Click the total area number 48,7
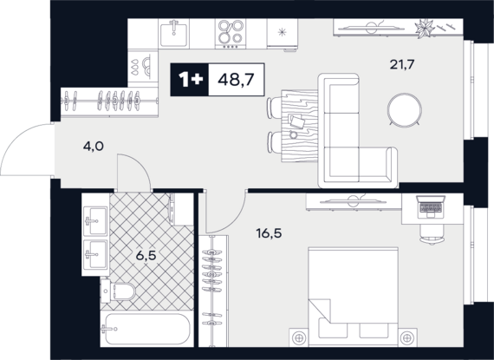click(x=236, y=80)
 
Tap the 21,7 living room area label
click(x=401, y=65)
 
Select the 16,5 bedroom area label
click(x=269, y=234)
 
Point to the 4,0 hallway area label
click(x=94, y=147)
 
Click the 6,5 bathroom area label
click(x=146, y=256)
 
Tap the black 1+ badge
click(x=189, y=80)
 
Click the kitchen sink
click(x=173, y=34)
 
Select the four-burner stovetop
click(x=231, y=34)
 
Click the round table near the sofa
click(x=405, y=109)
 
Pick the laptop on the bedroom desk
click(x=431, y=206)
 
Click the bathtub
click(x=146, y=329)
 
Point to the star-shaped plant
click(x=424, y=29)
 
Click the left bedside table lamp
click(x=299, y=338)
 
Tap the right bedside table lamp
click(x=408, y=338)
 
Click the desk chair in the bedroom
click(x=432, y=234)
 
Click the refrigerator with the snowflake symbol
click(x=283, y=34)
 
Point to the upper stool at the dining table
click(x=273, y=108)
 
